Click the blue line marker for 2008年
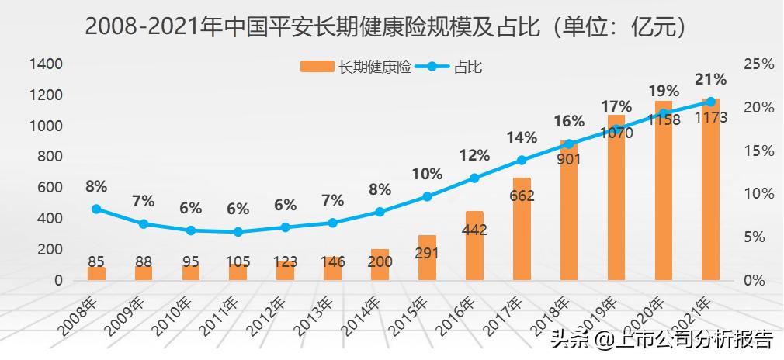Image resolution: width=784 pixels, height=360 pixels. (96, 209)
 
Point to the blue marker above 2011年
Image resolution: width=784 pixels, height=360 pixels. (238, 232)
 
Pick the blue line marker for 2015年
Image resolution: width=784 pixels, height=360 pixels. (427, 197)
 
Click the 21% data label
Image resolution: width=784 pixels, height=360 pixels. (711, 79)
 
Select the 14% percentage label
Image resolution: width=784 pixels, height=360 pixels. (522, 137)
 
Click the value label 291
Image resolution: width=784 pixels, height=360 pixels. (427, 252)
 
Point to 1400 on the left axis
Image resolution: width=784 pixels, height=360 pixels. (46, 64)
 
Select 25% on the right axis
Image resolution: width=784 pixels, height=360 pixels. (758, 64)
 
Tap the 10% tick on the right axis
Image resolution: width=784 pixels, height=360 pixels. (758, 194)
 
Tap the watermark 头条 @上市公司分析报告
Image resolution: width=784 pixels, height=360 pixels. (661, 339)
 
